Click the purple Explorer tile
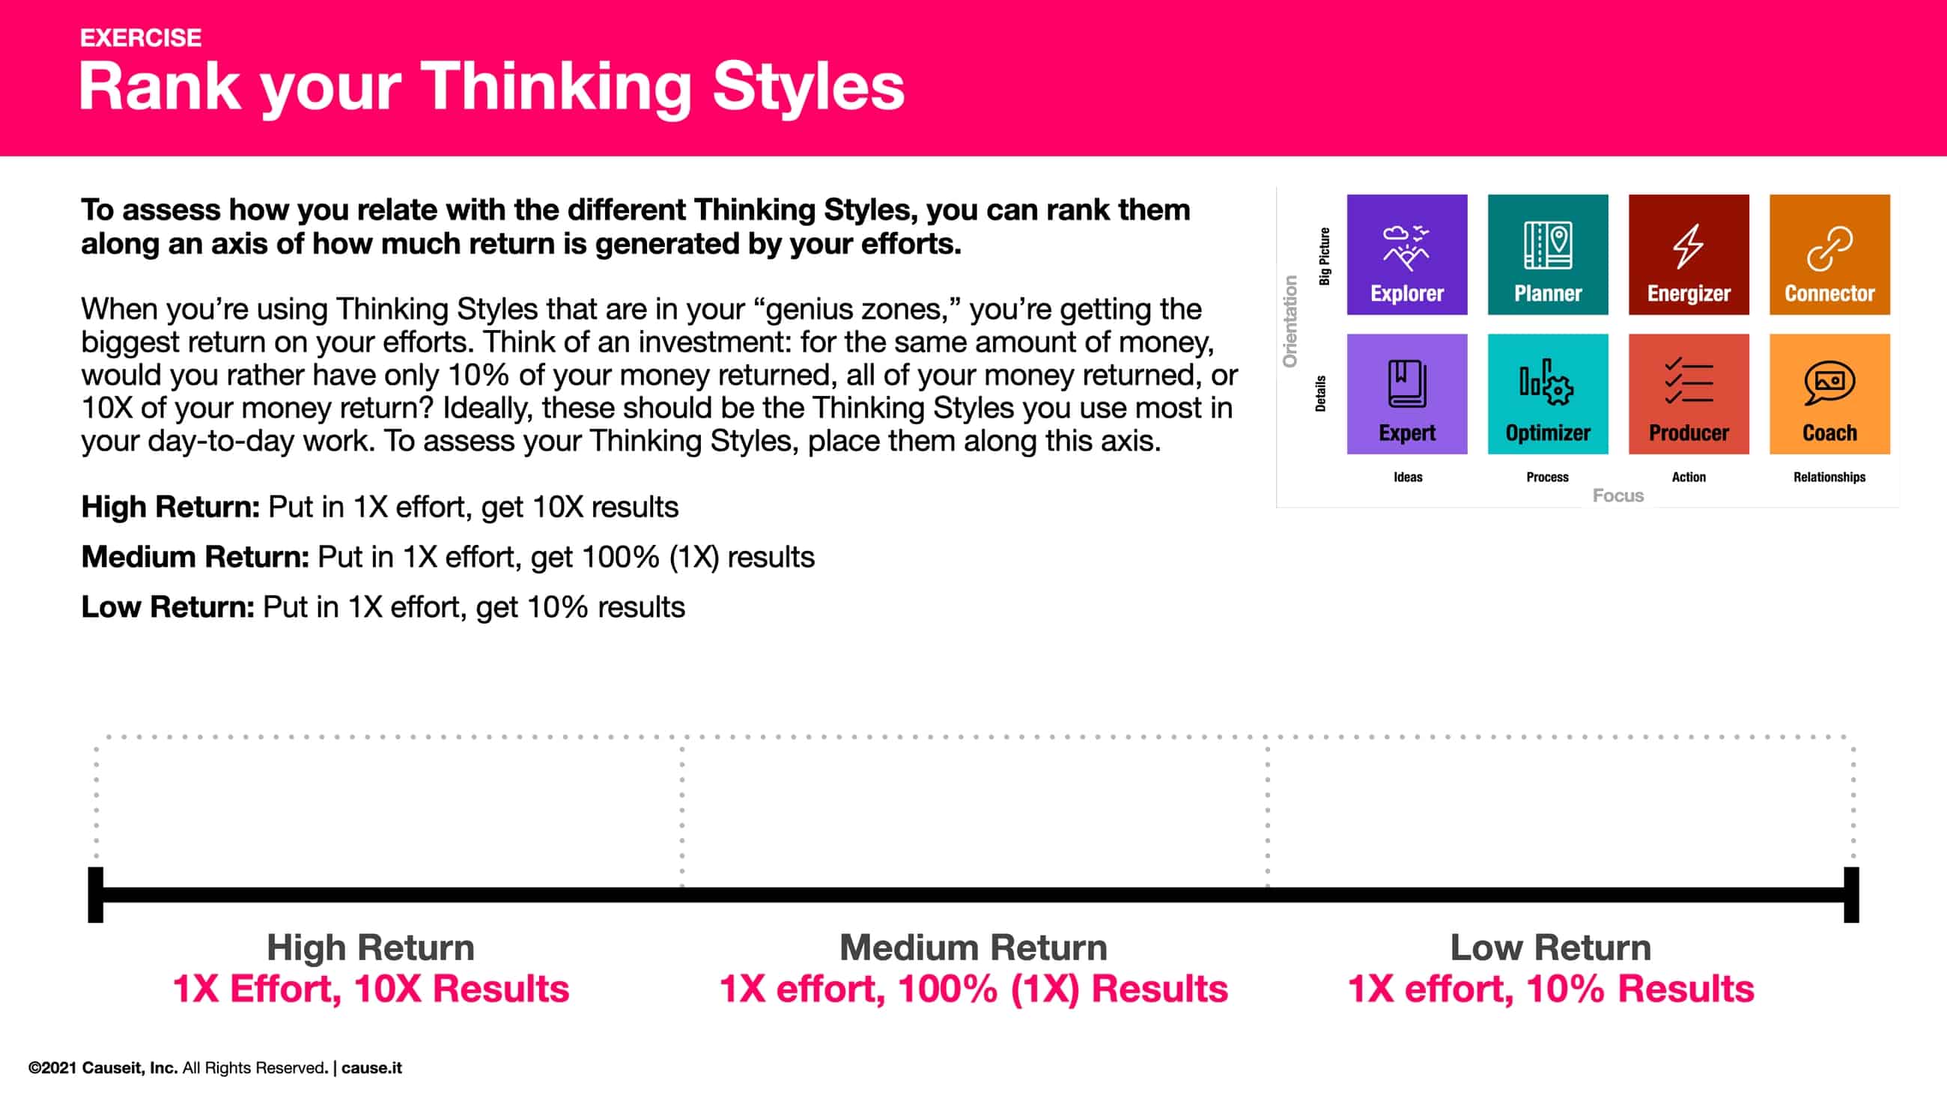coord(1406,254)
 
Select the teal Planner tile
coord(1547,254)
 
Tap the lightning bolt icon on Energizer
coord(1688,245)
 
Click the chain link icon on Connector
coord(1829,248)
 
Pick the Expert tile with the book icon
coord(1406,394)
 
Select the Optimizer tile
coord(1547,394)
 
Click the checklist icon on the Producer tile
coord(1688,381)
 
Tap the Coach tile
coord(1829,394)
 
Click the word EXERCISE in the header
coord(141,37)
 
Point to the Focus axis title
coord(1618,495)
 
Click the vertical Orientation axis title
coord(1290,321)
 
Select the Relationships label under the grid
coord(1829,477)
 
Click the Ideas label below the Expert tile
coord(1407,477)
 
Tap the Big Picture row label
coord(1324,256)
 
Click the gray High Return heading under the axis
coord(371,948)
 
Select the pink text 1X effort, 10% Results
coord(1550,989)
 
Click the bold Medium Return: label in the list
coord(195,557)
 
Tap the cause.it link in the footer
coord(371,1068)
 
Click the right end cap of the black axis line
coord(1851,894)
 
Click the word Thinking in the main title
coord(556,87)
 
